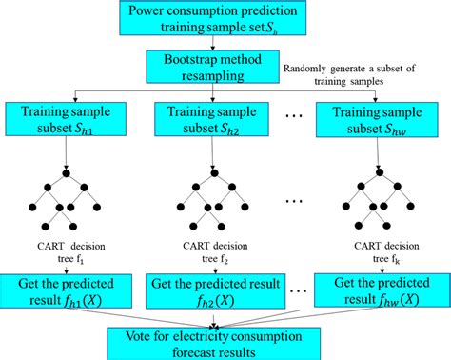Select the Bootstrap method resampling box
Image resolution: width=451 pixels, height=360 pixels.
coord(212,66)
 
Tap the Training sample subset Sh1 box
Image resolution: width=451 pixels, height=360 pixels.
coord(67,121)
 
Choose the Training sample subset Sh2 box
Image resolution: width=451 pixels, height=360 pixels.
coord(212,121)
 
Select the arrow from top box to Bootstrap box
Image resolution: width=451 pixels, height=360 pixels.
coord(211,43)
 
